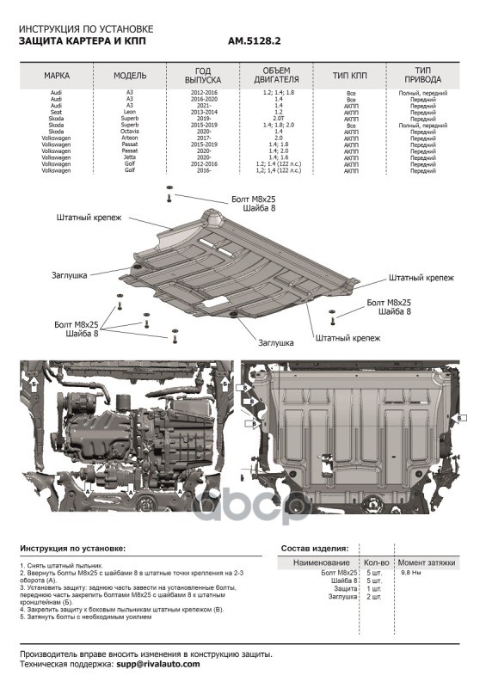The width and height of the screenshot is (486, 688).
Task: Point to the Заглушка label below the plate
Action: click(x=277, y=341)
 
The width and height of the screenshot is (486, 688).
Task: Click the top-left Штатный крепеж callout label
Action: click(x=86, y=218)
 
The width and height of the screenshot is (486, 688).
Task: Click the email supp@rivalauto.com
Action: click(x=157, y=665)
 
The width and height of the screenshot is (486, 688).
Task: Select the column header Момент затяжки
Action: click(x=426, y=562)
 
